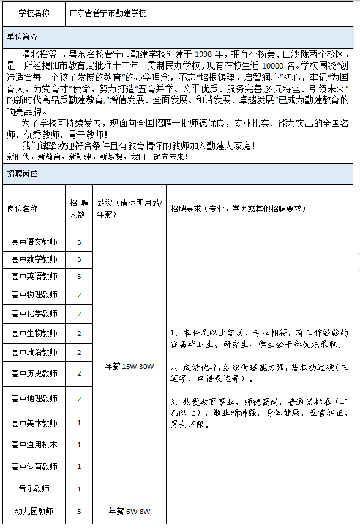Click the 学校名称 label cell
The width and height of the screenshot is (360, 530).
click(x=34, y=12)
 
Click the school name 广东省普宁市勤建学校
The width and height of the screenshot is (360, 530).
click(x=108, y=12)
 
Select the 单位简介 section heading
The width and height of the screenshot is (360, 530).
click(x=22, y=36)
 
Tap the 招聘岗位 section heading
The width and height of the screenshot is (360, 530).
click(x=22, y=174)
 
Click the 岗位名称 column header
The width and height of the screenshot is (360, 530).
click(x=22, y=209)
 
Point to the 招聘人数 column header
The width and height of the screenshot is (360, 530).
click(x=78, y=209)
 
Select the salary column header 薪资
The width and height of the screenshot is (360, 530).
click(x=129, y=209)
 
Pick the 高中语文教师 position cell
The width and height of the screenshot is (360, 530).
click(x=34, y=242)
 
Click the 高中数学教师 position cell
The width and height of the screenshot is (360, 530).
click(x=34, y=259)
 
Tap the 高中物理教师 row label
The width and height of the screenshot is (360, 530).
click(x=34, y=295)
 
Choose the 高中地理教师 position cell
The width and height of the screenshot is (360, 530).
click(x=34, y=398)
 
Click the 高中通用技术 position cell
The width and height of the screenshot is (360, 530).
click(x=34, y=445)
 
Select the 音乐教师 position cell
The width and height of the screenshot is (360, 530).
click(x=34, y=488)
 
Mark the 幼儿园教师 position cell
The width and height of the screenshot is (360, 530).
click(x=34, y=511)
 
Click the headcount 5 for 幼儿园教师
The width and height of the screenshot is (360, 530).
click(x=78, y=511)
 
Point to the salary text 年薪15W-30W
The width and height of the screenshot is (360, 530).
click(x=129, y=367)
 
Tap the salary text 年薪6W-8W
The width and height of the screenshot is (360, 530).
click(x=129, y=511)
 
